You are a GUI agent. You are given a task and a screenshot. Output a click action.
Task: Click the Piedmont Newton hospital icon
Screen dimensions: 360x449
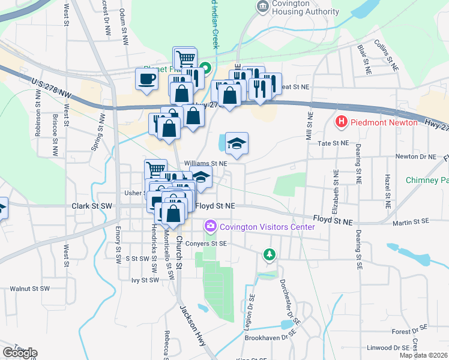[342, 122]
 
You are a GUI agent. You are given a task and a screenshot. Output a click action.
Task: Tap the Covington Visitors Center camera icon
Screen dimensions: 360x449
[210, 227]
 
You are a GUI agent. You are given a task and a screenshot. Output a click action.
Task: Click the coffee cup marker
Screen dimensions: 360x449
[146, 79]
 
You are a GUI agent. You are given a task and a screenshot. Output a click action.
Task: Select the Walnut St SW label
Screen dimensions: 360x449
[29, 289]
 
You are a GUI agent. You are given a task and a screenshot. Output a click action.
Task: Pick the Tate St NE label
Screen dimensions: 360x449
[333, 143]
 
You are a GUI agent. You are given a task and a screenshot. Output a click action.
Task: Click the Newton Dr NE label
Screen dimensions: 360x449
[415, 157]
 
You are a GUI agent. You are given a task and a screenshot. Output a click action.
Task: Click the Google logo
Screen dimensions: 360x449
[20, 353]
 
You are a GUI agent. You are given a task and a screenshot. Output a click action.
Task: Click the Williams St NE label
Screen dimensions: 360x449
[206, 163]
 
